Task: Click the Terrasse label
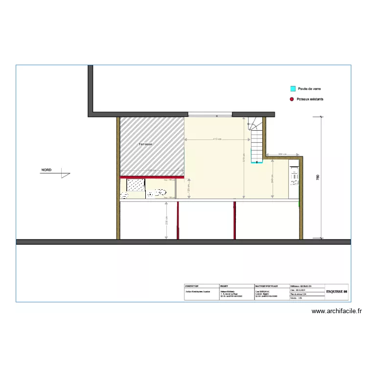(145, 144)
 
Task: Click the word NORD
(46, 170)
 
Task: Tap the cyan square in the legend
(293, 89)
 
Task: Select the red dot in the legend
(293, 99)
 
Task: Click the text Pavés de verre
(309, 89)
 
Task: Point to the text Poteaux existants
(311, 99)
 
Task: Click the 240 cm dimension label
(272, 180)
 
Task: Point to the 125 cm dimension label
(189, 187)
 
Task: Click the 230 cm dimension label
(166, 220)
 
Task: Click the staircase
(256, 142)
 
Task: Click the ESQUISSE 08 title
(337, 292)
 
